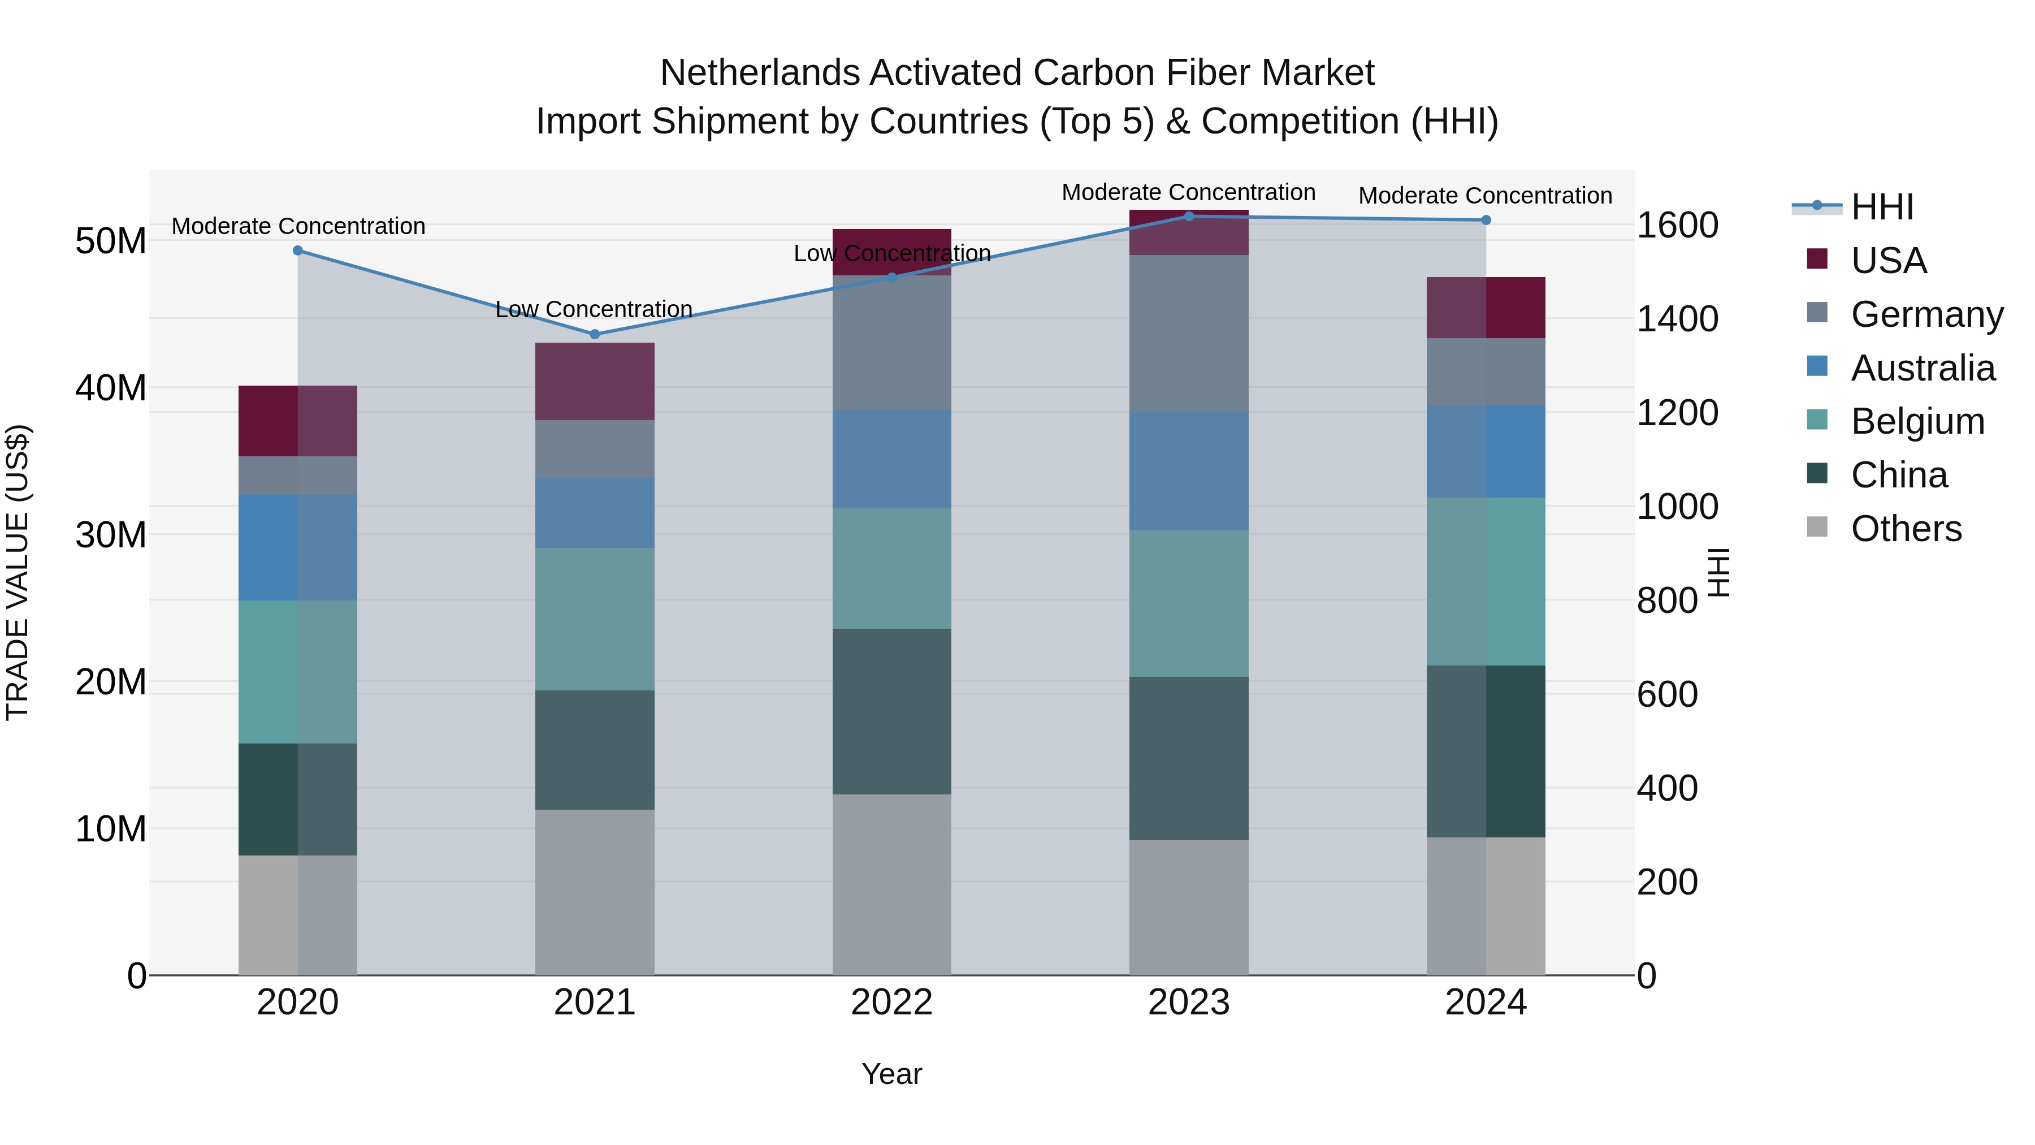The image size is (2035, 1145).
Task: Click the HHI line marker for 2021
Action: coord(595,334)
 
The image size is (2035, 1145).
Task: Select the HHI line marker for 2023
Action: coord(1189,217)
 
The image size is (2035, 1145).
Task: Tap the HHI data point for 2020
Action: coord(298,250)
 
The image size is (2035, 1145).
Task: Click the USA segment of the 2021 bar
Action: coord(595,382)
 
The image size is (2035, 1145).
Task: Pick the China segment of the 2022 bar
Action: coord(892,711)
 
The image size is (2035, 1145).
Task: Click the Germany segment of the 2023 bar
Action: coord(1189,334)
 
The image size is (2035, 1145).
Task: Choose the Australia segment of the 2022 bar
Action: coord(892,459)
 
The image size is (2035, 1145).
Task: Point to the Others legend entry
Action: coord(1906,529)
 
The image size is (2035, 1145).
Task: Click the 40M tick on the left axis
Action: coord(111,388)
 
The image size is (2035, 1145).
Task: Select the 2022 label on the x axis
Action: coord(892,1003)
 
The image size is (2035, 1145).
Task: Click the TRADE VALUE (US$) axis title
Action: coord(18,572)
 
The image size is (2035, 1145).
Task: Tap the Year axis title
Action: coord(892,1074)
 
